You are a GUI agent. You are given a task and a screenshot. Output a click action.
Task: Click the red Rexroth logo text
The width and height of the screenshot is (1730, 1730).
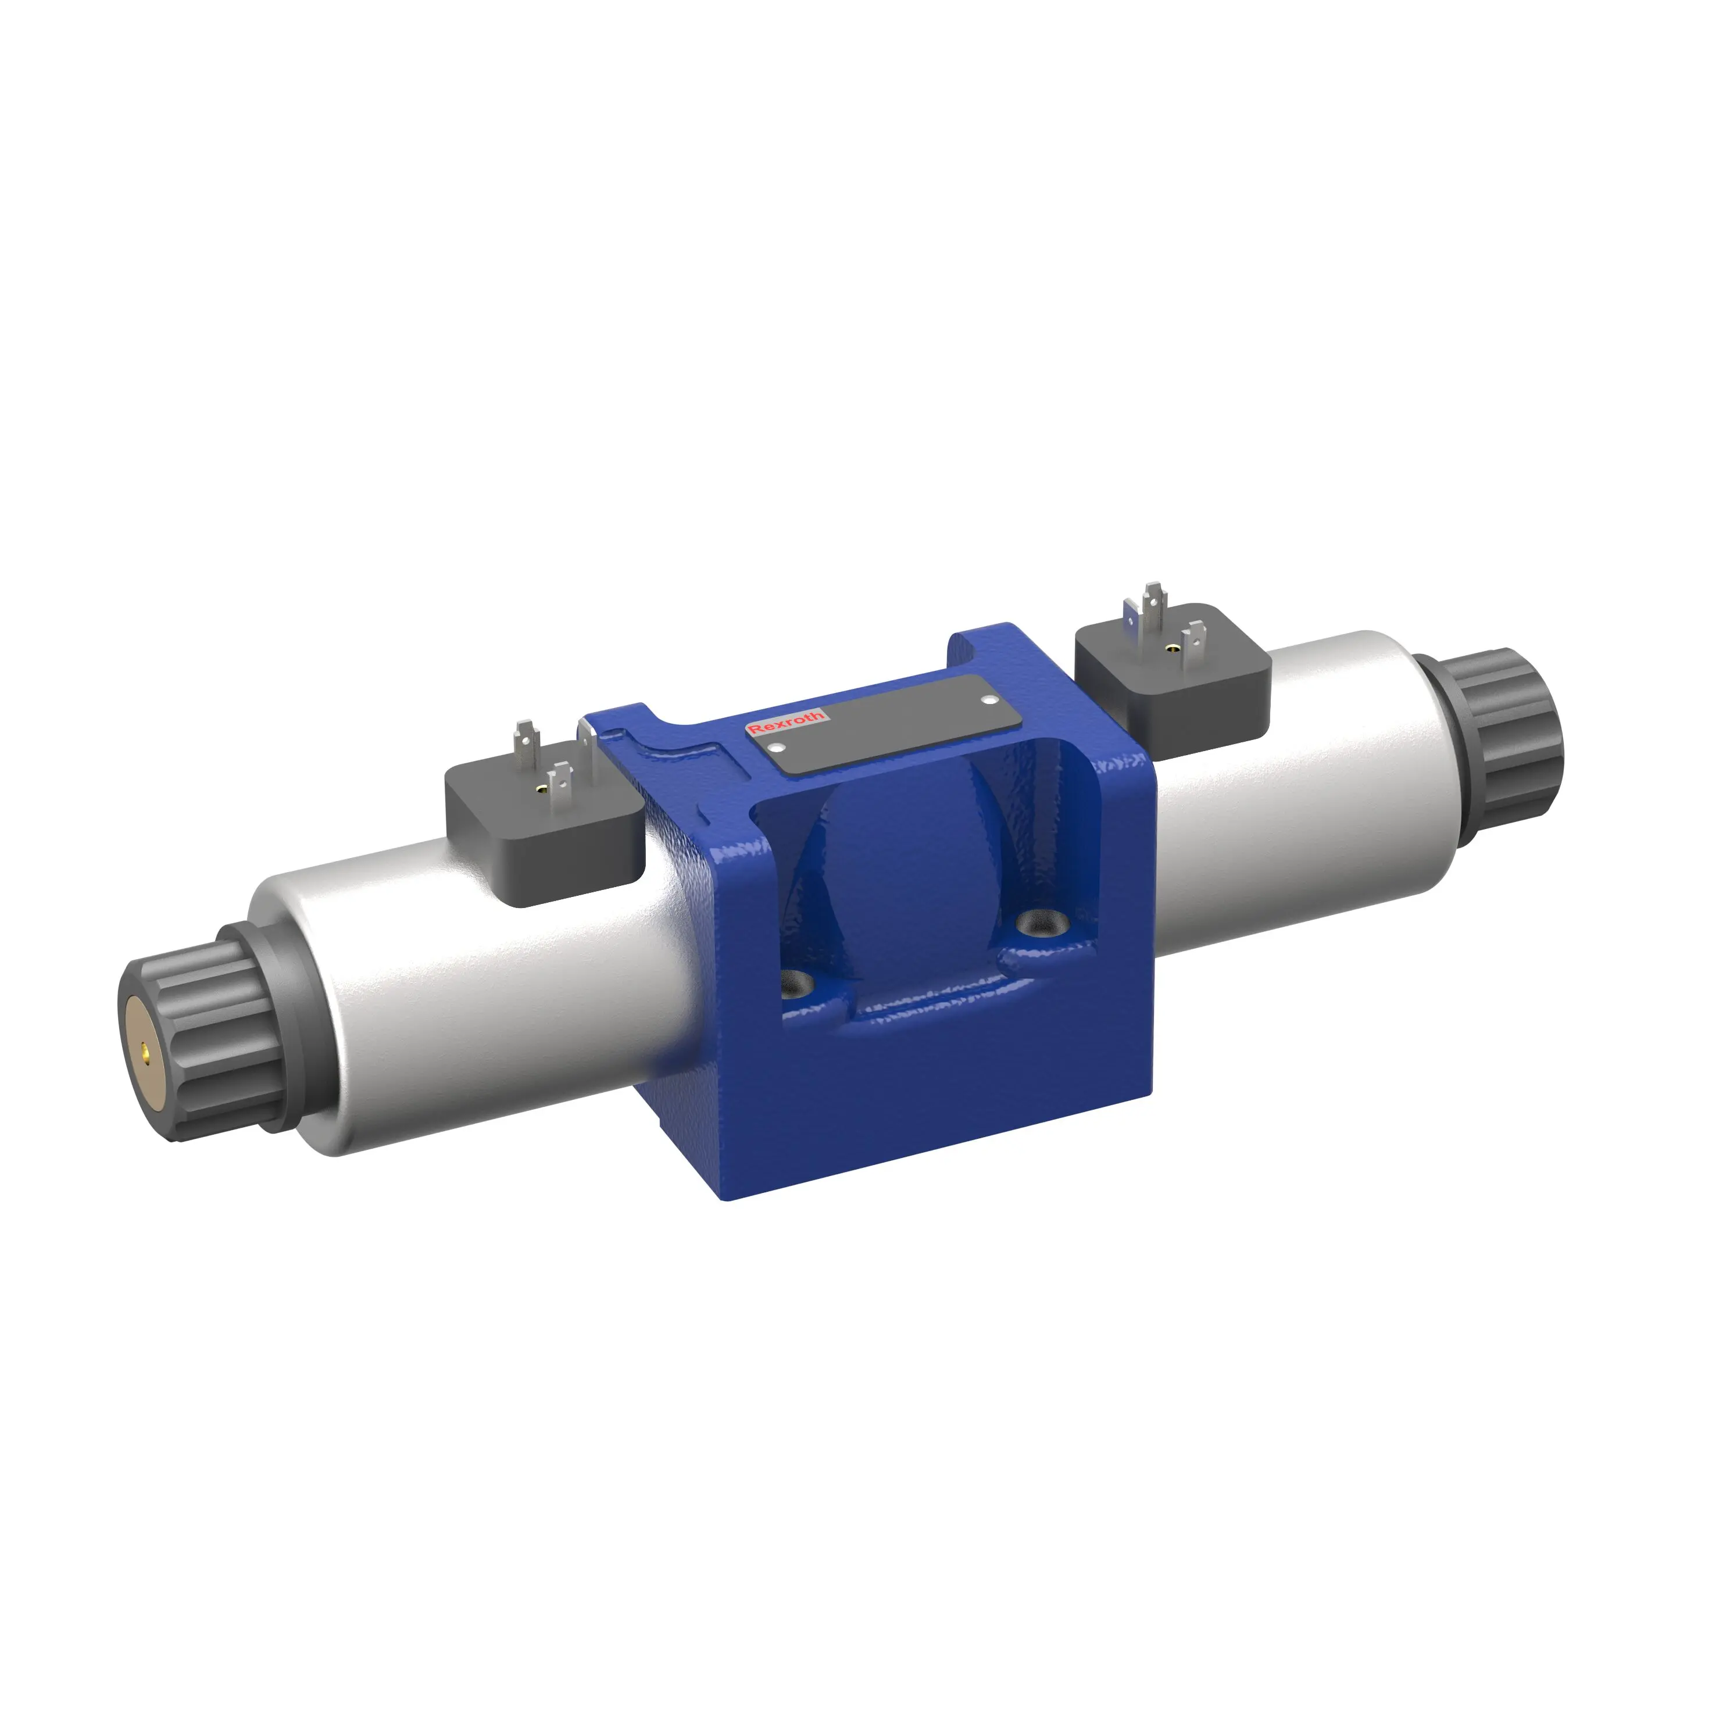(x=785, y=724)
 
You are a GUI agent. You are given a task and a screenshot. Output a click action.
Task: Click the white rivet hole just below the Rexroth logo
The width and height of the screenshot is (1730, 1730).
(x=777, y=748)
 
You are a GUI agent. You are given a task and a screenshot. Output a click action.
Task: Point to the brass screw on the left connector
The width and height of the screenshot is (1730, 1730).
(x=540, y=788)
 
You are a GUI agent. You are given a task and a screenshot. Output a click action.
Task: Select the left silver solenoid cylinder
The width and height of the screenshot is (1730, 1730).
(x=474, y=985)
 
